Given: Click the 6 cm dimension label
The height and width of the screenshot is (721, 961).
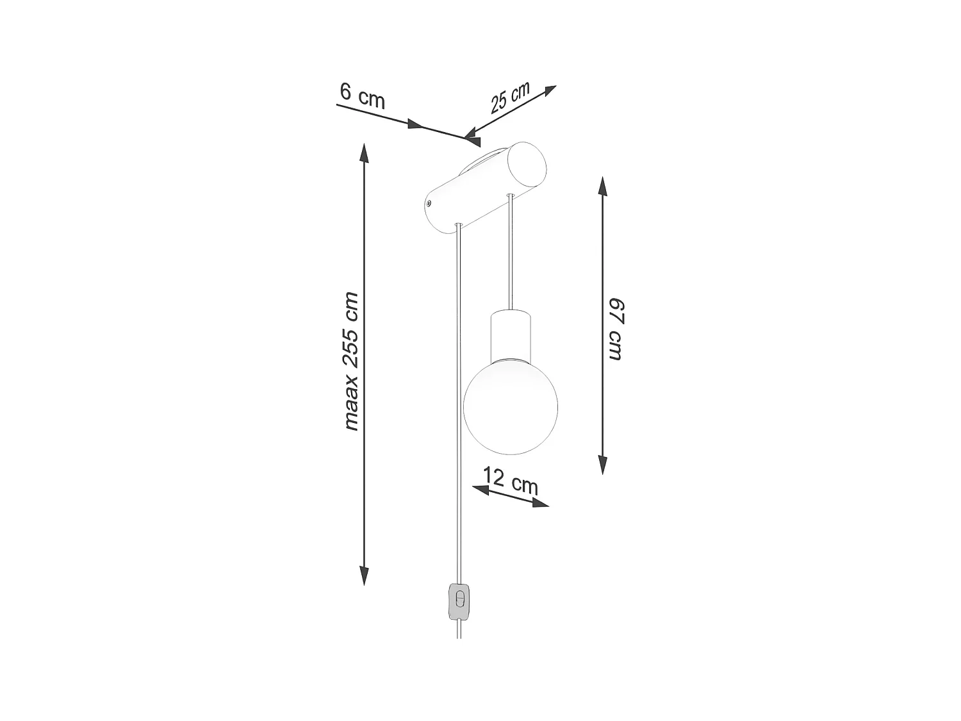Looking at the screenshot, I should [x=362, y=95].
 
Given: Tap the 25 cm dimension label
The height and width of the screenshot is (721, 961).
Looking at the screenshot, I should [x=510, y=98].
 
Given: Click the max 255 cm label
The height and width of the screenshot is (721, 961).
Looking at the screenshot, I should [x=351, y=361].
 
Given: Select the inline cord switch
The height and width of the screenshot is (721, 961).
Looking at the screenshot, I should [x=458, y=602].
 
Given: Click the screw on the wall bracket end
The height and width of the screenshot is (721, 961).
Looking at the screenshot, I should [x=429, y=204].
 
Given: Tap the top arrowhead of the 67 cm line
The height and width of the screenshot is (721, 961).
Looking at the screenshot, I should [x=602, y=186].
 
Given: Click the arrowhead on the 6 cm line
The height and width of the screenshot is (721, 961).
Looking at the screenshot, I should [x=418, y=124].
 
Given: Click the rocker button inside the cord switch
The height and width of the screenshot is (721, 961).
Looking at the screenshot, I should [x=458, y=599].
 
